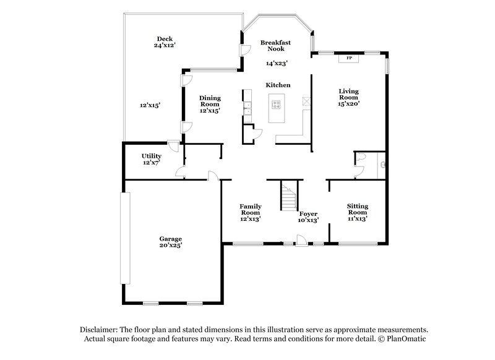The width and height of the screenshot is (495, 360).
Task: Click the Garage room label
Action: [x=170, y=239]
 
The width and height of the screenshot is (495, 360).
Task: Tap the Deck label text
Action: [x=163, y=38]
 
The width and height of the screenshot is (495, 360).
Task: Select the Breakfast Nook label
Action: [x=275, y=45]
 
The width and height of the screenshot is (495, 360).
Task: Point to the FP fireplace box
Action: [x=349, y=58]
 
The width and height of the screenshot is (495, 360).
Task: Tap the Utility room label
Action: [x=152, y=156]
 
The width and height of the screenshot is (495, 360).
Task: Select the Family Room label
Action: [x=251, y=207]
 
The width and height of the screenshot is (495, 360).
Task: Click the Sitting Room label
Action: [x=357, y=207]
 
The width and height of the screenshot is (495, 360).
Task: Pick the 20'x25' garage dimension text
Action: [x=170, y=246]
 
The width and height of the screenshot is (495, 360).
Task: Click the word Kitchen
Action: [x=278, y=85]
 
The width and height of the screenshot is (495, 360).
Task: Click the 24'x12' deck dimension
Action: [x=163, y=45]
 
